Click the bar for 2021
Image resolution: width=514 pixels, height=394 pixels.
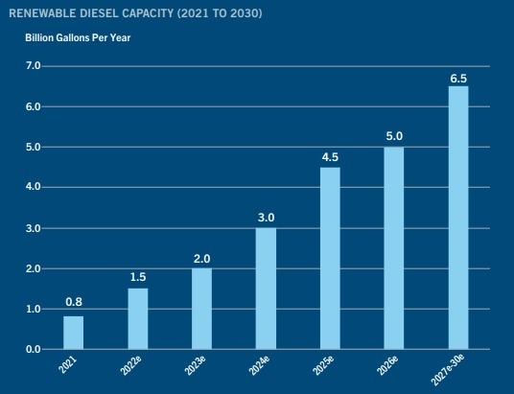[x=74, y=333]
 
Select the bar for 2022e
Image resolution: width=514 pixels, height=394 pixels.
[x=138, y=318]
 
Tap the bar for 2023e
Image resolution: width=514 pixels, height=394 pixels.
[x=201, y=308]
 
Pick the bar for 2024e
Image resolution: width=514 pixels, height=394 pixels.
[x=266, y=288]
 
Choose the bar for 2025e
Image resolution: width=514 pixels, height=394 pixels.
[x=330, y=258]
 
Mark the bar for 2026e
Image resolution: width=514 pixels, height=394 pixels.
[x=394, y=247]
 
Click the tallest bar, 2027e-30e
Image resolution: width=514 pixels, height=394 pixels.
[x=458, y=218]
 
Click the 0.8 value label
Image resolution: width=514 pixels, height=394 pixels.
[x=74, y=302]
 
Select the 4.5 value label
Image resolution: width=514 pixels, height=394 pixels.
[x=330, y=156]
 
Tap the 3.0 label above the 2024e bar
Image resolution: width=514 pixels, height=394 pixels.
[x=266, y=218]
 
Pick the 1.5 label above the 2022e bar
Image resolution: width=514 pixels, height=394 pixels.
[x=138, y=277]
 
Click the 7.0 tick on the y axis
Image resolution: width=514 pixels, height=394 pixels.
[x=33, y=66]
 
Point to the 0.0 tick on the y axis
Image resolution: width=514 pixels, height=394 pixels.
[x=33, y=349]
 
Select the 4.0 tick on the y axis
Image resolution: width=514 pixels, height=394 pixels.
[x=33, y=187]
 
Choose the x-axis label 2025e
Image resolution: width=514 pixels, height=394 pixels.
[x=324, y=366]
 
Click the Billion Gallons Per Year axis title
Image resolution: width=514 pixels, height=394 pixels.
[x=77, y=37]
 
